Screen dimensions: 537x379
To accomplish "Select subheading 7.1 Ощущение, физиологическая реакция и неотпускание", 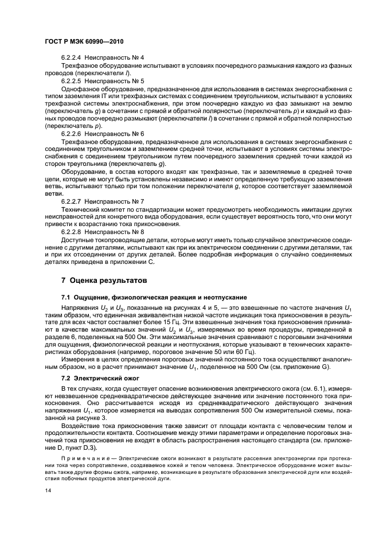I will pos(154,298).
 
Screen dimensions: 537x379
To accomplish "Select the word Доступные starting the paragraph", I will pos(80,239).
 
